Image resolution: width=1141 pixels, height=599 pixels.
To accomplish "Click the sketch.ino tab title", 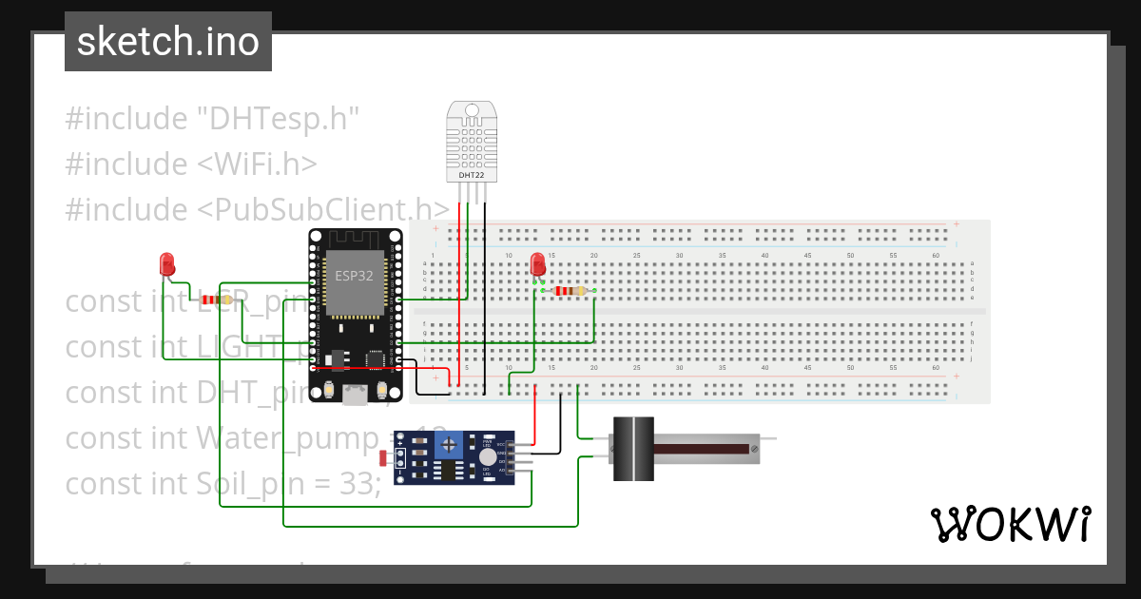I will [168, 42].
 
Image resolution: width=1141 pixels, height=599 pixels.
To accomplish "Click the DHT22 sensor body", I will [473, 143].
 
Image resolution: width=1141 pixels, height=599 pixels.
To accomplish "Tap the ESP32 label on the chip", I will [354, 276].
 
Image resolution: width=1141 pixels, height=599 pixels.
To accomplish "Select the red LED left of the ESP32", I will [167, 263].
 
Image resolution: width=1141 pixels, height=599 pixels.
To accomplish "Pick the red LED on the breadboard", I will [537, 263].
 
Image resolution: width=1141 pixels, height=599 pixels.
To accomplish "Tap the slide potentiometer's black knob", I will [633, 449].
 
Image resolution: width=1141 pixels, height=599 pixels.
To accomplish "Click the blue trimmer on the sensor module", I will [472, 443].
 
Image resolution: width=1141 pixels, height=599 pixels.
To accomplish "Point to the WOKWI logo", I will [1010, 524].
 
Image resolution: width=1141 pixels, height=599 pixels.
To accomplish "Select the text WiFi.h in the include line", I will [258, 164].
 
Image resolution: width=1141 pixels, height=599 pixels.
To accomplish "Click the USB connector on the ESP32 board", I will [356, 395].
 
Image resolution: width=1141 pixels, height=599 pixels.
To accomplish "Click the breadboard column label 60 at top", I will [936, 255].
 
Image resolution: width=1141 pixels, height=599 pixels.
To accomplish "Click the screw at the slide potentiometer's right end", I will [753, 449].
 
